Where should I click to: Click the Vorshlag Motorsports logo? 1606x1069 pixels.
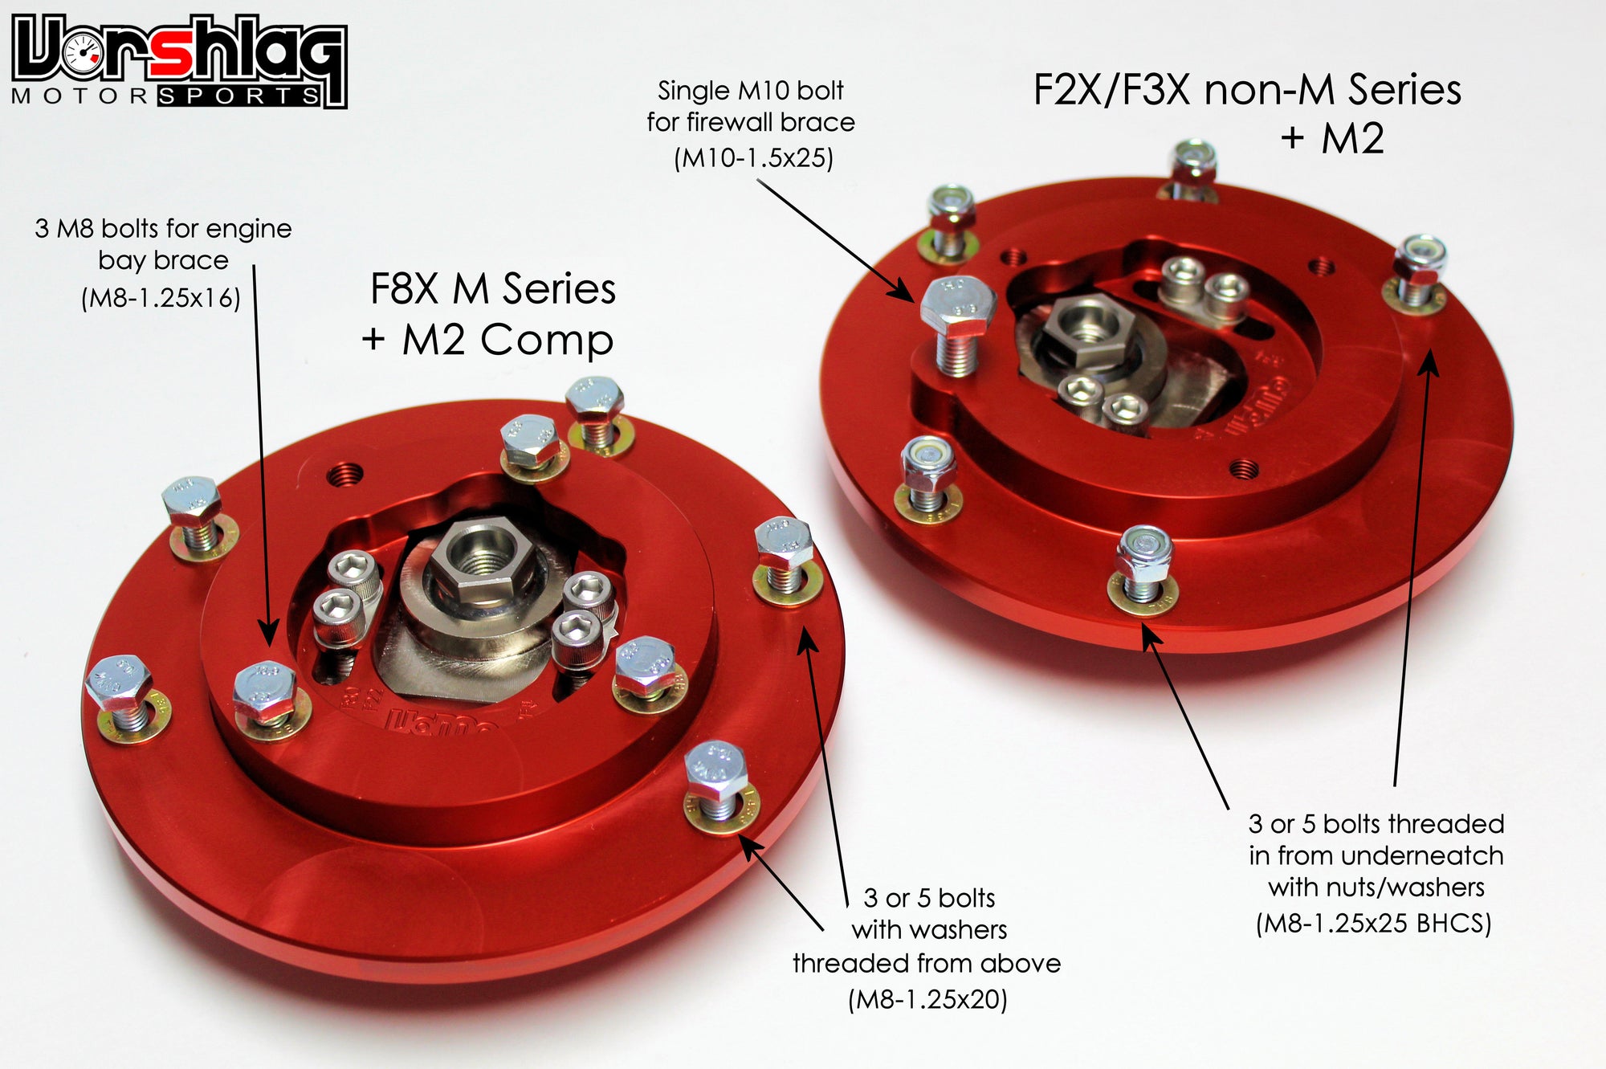tap(178, 60)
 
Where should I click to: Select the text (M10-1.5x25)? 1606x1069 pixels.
tap(753, 157)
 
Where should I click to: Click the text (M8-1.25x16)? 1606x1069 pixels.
tap(161, 298)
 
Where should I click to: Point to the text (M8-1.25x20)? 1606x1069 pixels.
tap(927, 999)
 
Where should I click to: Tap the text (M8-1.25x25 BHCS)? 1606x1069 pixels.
tap(1374, 923)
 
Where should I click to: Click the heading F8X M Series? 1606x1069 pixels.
tap(492, 289)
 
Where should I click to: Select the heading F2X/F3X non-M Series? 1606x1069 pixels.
tap(1246, 90)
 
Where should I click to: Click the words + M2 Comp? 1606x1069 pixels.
tap(487, 340)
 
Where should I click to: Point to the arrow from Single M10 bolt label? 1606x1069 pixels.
tap(835, 239)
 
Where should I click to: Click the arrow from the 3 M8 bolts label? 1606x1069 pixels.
tap(262, 450)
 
